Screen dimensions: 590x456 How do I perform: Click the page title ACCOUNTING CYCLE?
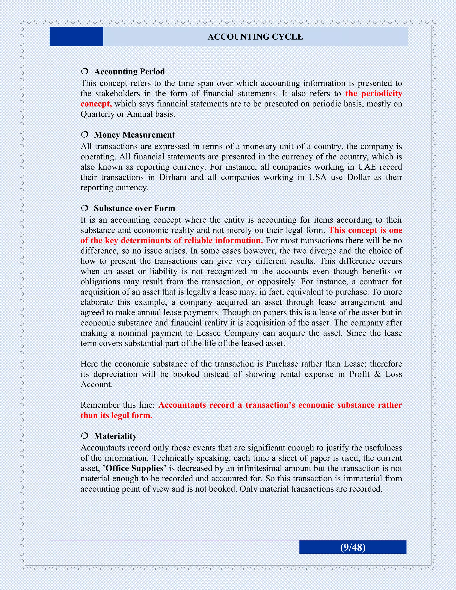(255, 37)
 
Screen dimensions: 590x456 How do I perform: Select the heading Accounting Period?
(129, 72)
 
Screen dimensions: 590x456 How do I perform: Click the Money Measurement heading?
(134, 135)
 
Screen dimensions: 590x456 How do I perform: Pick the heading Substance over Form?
(134, 208)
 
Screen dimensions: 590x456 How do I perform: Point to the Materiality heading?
(115, 436)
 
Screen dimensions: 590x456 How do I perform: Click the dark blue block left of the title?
(76, 37)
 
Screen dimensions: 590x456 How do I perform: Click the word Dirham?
(173, 177)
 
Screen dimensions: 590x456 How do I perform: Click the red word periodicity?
(382, 94)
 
